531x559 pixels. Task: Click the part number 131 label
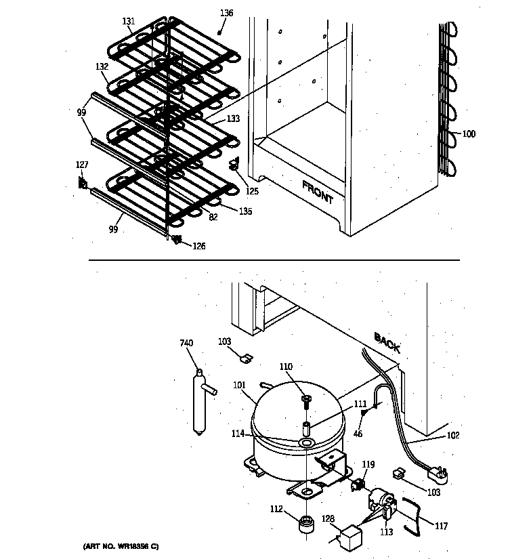129,22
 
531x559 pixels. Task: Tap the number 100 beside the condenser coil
469,134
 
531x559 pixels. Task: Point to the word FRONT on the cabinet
317,192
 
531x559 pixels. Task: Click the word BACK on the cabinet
387,343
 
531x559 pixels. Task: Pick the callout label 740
186,344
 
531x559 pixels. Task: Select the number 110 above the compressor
286,367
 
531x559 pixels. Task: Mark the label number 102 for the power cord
452,436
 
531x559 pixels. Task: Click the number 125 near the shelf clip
252,191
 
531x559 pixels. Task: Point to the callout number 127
82,164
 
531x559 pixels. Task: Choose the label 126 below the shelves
198,246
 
